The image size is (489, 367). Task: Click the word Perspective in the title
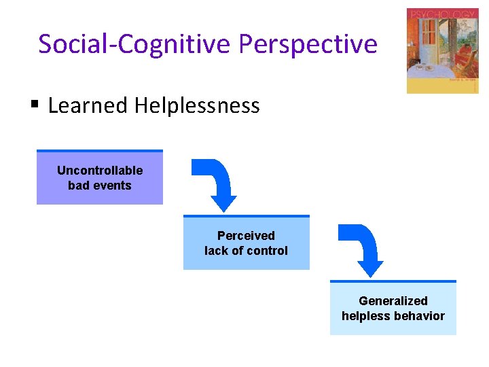tap(308, 44)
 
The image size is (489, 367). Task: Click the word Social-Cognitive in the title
tap(135, 44)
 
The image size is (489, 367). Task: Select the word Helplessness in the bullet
tap(197, 105)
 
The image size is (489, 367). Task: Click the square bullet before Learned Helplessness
tap(35, 105)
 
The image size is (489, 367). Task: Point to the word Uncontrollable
tap(100, 170)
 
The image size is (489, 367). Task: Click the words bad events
tap(100, 185)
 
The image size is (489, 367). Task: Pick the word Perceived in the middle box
tap(246, 235)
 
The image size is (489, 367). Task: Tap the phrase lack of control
tap(246, 250)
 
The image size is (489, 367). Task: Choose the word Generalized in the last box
tap(393, 300)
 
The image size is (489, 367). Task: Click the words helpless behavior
tap(393, 315)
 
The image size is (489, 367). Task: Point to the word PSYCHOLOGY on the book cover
tap(442, 14)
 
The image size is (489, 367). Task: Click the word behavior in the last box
tap(421, 315)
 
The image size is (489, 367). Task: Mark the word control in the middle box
tap(270, 250)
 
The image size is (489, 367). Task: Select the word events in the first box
tap(115, 185)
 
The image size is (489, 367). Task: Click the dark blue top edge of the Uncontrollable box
tap(100, 151)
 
